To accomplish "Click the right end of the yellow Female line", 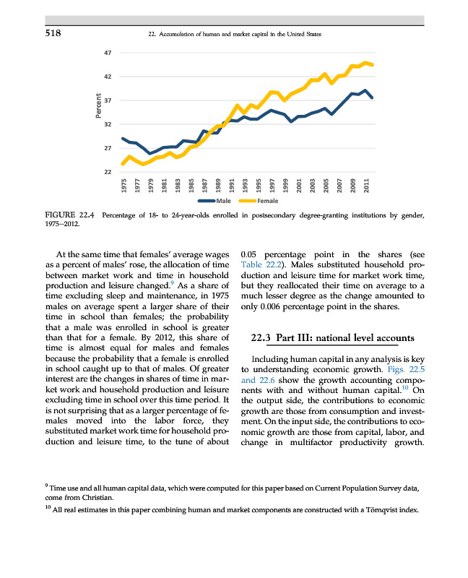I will click(372, 64).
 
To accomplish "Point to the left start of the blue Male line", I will click(123, 138).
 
